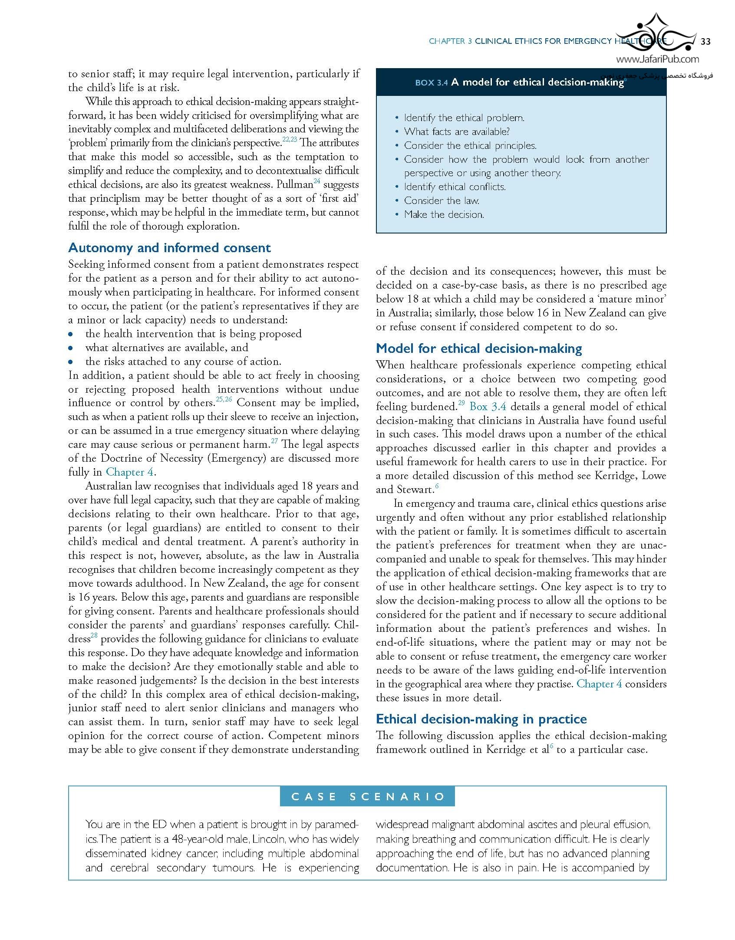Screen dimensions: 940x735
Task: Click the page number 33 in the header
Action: click(x=705, y=41)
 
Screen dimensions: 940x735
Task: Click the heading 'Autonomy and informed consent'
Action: click(x=169, y=248)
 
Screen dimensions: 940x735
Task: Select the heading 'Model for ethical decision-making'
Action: click(x=479, y=348)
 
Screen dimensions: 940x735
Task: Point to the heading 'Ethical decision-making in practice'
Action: click(x=481, y=719)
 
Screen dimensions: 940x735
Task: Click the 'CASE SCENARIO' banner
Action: click(x=367, y=796)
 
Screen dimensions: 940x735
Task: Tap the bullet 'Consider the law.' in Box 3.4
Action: click(x=442, y=200)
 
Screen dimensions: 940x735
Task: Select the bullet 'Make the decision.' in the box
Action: click(x=444, y=214)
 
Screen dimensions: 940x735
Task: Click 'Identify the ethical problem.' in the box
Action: click(x=464, y=118)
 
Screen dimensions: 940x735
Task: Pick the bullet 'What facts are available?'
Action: click(x=457, y=131)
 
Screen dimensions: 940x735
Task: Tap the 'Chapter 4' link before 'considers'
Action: click(x=599, y=684)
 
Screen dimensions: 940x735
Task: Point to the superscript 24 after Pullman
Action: click(x=316, y=181)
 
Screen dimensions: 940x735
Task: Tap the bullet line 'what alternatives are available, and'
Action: click(x=167, y=348)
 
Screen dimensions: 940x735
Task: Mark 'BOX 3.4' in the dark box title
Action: click(x=431, y=83)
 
